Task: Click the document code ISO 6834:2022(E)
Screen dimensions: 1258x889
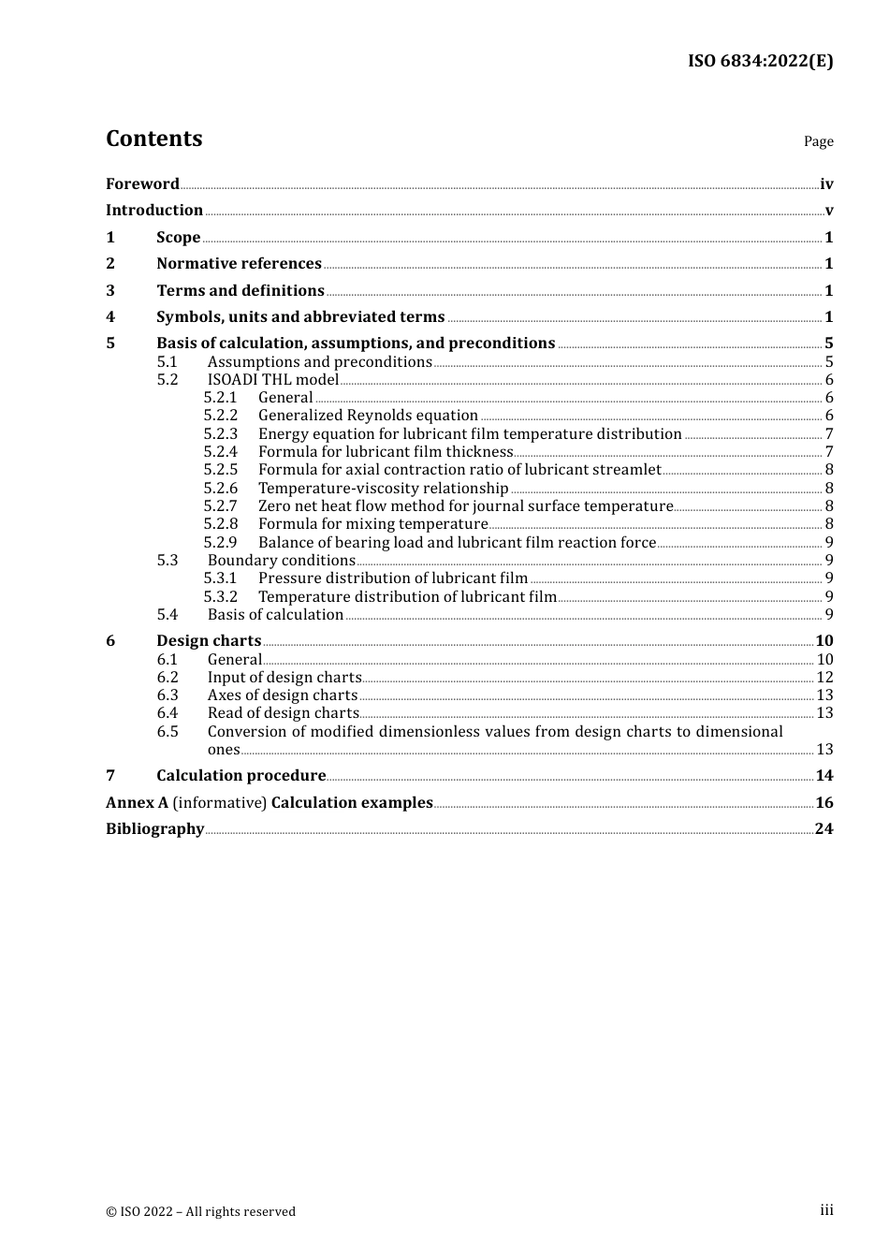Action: click(760, 61)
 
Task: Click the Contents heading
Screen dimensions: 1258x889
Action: click(153, 139)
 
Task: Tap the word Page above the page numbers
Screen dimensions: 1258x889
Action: click(818, 141)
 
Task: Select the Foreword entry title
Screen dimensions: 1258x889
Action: click(142, 183)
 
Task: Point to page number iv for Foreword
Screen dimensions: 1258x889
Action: click(826, 184)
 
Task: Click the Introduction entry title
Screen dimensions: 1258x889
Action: click(154, 210)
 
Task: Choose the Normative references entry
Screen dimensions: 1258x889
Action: click(239, 263)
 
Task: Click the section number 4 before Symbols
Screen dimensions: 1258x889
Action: click(110, 316)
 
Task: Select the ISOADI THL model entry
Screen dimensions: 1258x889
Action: click(273, 379)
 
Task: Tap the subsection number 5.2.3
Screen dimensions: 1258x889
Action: click(221, 433)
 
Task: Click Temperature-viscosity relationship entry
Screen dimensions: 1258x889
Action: click(383, 488)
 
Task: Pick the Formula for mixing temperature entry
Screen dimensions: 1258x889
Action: click(372, 523)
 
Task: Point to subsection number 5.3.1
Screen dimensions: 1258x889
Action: click(221, 578)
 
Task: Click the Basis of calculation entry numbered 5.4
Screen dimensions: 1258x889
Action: click(275, 614)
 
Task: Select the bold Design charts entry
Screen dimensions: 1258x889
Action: click(209, 640)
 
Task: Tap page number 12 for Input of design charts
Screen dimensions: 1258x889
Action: click(824, 677)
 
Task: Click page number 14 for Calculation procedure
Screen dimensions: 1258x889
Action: click(824, 775)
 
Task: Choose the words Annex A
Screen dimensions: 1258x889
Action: click(130, 802)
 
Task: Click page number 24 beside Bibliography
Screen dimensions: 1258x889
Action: click(824, 828)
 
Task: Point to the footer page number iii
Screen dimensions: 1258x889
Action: click(826, 1210)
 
